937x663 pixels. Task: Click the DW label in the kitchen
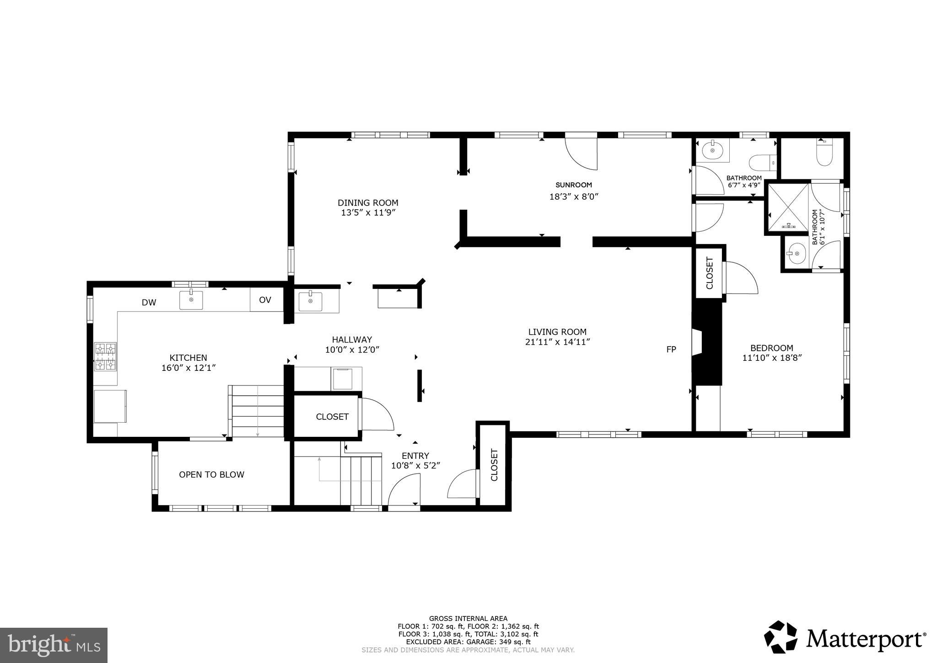tap(149, 302)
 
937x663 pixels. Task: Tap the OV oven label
tap(265, 300)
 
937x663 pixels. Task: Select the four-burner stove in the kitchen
tap(105, 356)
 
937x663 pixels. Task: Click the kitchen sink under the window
tap(191, 300)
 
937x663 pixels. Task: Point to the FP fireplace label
tap(671, 349)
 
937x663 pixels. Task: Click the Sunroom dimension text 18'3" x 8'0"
tap(574, 196)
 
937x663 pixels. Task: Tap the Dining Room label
tap(368, 203)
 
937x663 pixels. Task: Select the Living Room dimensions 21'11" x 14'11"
tap(557, 342)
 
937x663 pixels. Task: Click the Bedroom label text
tap(771, 348)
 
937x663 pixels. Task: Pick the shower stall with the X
tap(788, 207)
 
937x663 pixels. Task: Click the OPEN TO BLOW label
tap(211, 474)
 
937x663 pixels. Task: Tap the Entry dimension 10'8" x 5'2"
tap(415, 466)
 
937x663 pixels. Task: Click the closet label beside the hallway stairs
tap(332, 417)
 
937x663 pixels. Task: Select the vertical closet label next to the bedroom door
tap(710, 273)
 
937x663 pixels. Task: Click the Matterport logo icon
tap(781, 636)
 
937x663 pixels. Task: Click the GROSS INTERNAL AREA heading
tap(468, 619)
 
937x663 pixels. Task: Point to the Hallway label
tap(352, 340)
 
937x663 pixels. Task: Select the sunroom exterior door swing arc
tap(580, 153)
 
